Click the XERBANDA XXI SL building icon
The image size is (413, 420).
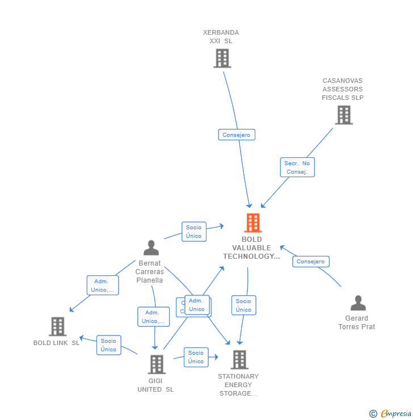[222, 58]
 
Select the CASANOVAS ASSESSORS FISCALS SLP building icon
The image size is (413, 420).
[343, 115]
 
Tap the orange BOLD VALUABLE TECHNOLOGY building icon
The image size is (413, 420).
[252, 222]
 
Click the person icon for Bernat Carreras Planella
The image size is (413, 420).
[151, 248]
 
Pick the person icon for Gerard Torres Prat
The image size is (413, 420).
[357, 303]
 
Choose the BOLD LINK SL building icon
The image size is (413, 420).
[57, 326]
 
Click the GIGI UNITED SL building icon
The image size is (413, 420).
[156, 364]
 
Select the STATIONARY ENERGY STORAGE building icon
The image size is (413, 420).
[239, 359]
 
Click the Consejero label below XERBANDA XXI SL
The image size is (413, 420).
[237, 135]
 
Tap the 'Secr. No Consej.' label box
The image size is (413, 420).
[297, 167]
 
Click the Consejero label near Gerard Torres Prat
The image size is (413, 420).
[310, 262]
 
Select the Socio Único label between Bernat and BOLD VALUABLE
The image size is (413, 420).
[193, 232]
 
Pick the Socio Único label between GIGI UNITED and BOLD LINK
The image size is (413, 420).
[108, 345]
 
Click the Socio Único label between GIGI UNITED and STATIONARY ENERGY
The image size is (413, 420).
[196, 357]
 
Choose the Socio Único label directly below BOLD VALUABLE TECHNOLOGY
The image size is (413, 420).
[243, 305]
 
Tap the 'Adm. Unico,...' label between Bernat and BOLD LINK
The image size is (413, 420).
[102, 285]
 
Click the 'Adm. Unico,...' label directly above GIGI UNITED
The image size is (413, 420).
[153, 317]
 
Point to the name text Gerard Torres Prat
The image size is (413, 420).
[356, 322]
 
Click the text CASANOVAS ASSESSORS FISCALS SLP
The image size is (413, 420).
[343, 89]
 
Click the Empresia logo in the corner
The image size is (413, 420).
[389, 414]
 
